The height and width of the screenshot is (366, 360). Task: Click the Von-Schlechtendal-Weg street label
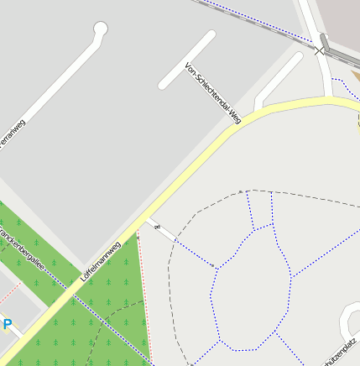point(213,93)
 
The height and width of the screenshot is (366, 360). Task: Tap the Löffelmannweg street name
point(100,260)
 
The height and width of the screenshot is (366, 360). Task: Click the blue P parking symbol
point(8,324)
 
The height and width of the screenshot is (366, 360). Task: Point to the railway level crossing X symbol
point(319,51)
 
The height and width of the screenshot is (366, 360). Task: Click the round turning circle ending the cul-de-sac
point(101,29)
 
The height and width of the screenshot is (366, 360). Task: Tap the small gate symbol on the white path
point(155,226)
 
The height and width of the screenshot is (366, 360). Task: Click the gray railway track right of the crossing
point(343,60)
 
